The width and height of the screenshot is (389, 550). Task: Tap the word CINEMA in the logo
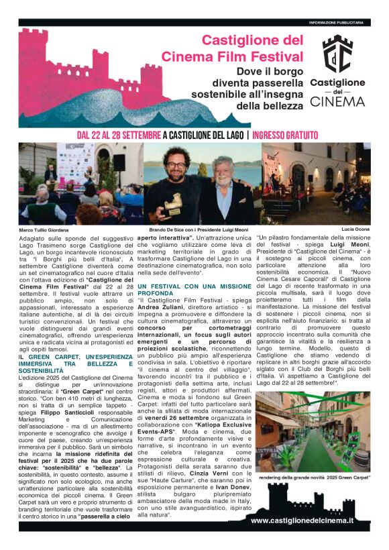(x=338, y=102)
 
